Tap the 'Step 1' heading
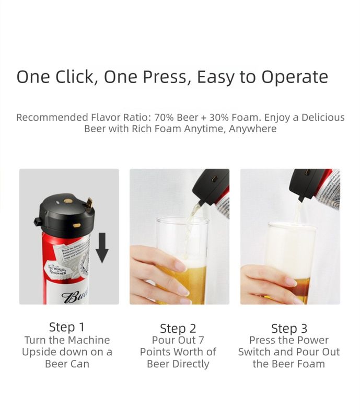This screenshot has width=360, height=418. point(66,327)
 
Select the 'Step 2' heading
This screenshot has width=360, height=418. point(178,329)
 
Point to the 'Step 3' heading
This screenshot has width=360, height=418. point(289,329)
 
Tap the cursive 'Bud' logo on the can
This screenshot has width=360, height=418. point(76,297)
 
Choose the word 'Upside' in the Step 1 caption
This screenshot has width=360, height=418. point(41,352)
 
